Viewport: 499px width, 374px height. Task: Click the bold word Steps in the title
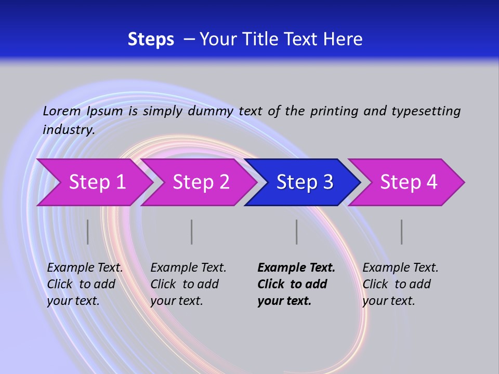click(x=151, y=39)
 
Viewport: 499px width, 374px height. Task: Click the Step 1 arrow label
click(x=97, y=182)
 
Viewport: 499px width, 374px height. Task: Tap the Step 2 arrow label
click(x=201, y=182)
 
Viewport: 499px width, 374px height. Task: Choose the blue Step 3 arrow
click(x=305, y=182)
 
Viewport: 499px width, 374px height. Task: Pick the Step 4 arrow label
click(x=409, y=182)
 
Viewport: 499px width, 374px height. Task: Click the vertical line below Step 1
click(x=88, y=232)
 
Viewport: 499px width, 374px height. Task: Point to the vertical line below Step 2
click(x=192, y=232)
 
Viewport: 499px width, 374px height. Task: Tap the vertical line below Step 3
click(x=297, y=232)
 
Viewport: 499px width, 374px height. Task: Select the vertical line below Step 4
click(x=402, y=232)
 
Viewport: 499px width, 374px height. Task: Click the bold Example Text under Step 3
click(x=296, y=268)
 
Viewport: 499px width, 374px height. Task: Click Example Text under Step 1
click(x=85, y=268)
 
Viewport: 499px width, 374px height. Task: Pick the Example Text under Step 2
click(x=188, y=268)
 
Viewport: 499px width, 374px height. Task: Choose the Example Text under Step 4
click(x=400, y=268)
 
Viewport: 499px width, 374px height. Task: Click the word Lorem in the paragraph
click(x=61, y=111)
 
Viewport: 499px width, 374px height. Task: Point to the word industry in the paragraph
click(x=68, y=130)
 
